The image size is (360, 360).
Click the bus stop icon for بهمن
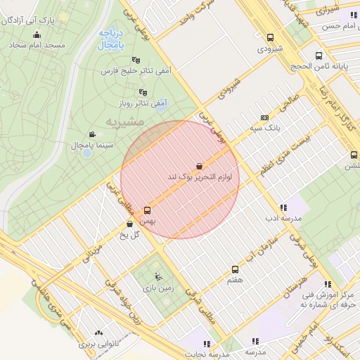coord(147,210)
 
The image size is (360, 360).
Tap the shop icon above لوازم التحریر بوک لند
coord(200,166)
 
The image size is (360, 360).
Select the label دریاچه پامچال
coord(111,39)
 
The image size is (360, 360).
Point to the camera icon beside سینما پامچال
coord(92,134)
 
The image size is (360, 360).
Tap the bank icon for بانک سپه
coord(264,118)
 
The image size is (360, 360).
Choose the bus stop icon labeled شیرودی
coord(271,38)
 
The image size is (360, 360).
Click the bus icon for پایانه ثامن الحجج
coord(319,55)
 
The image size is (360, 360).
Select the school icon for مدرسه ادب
coord(283,207)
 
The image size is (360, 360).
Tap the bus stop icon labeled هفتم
coord(235,269)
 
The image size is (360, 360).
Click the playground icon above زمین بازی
coord(157,276)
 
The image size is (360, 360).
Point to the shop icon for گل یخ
coord(129,224)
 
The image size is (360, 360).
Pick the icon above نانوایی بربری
coord(97,333)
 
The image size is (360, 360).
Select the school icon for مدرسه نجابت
coord(207,343)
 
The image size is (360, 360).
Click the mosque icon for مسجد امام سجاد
coord(37,34)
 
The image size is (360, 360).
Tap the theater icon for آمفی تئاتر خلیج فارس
coord(136,60)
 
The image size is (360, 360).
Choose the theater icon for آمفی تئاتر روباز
coord(143,91)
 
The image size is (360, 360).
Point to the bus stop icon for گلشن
coord(352,155)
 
